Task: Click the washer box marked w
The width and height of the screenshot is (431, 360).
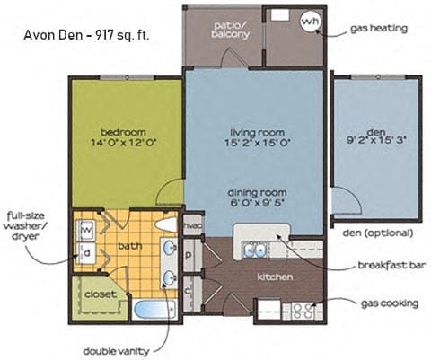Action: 87,228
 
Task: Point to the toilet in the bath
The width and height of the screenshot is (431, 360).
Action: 166,225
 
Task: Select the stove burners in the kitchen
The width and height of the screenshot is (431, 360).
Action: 302,312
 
